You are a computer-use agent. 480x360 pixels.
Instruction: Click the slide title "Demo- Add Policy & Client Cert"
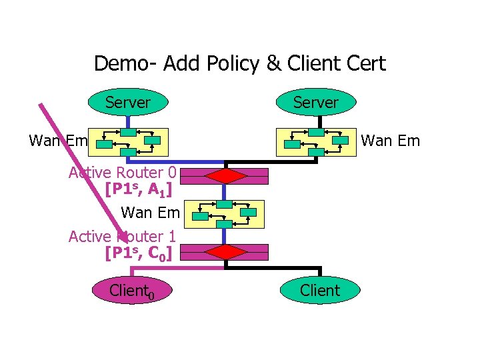coord(239,63)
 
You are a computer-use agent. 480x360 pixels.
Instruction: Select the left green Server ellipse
coord(127,103)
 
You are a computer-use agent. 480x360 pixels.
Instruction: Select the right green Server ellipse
coord(316,103)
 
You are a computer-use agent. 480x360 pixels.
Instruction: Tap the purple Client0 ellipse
coord(132,291)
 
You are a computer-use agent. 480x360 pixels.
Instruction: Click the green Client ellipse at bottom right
coord(320,291)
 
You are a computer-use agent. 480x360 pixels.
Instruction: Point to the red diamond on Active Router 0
coord(225,176)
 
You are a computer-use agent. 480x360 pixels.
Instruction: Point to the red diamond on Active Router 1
coord(225,252)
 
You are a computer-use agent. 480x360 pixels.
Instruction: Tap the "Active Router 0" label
coord(122,173)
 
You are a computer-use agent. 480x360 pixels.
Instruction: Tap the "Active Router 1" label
coord(122,236)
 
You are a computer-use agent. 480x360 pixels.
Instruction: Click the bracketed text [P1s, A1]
coord(139,189)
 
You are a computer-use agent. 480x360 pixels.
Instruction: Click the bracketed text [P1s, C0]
coord(139,253)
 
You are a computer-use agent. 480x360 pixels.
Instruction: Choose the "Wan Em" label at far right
coord(390,141)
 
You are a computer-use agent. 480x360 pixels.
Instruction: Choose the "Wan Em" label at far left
coord(59,141)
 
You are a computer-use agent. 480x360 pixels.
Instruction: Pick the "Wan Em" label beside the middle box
coord(150,213)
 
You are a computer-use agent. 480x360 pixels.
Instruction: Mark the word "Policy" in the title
coord(227,63)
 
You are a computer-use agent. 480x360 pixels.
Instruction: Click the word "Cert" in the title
coord(365,63)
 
